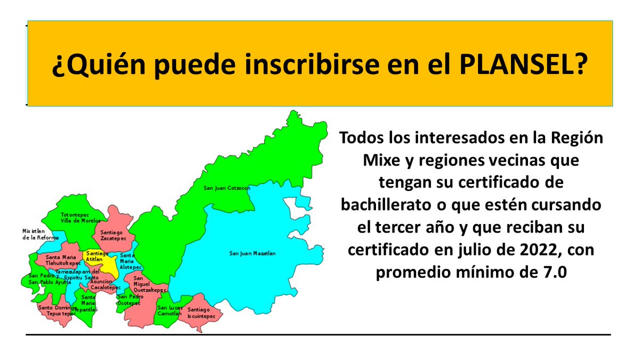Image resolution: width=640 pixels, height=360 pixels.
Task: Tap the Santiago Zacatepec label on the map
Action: [x=110, y=236]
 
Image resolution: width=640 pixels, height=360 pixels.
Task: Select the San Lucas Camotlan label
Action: [x=170, y=311]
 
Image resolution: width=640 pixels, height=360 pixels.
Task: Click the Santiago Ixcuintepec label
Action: [x=201, y=313]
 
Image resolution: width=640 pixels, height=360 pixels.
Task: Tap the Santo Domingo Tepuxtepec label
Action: [x=56, y=311]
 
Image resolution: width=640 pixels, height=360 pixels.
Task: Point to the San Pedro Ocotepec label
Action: [x=129, y=300]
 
